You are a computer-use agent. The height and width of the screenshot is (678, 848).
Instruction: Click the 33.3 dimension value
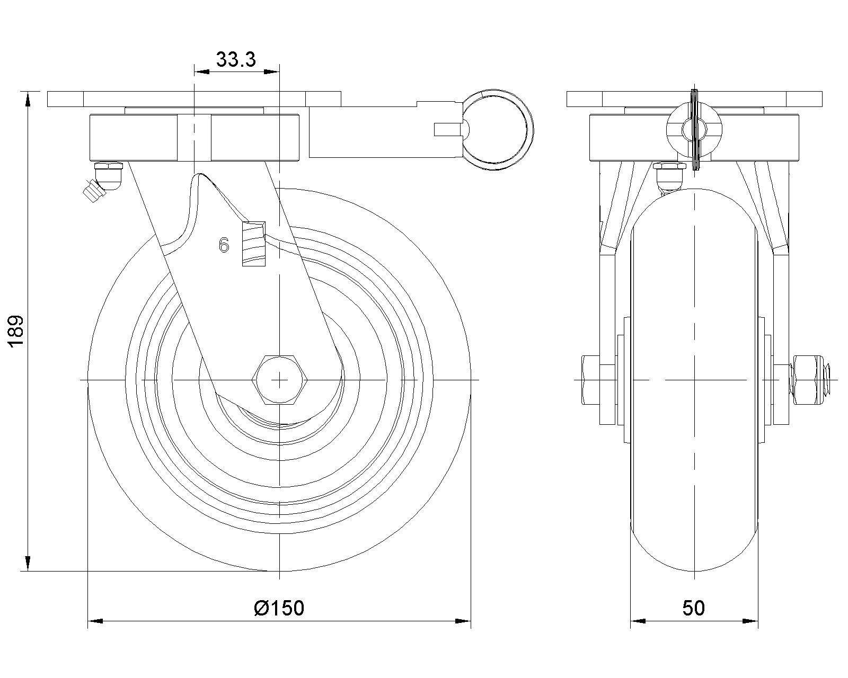236,59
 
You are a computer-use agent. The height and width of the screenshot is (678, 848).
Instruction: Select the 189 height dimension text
16,331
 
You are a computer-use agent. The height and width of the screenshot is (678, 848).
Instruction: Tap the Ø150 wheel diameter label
279,608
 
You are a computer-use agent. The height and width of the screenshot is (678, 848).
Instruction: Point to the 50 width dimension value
694,608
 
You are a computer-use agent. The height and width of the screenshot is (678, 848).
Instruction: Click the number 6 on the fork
224,245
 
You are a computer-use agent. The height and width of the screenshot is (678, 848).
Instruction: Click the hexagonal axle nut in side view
279,380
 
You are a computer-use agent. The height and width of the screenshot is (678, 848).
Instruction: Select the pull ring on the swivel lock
497,130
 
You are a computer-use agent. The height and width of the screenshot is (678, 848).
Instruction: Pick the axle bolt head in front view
590,380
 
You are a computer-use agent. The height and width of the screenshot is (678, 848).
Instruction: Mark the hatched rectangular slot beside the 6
254,244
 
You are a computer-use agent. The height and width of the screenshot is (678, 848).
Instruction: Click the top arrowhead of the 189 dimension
28,99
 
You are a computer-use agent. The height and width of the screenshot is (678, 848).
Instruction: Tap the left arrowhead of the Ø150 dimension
95,621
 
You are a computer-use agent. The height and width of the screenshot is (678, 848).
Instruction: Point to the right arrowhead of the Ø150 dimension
463,621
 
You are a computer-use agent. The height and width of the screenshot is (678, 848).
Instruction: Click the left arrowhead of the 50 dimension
638,621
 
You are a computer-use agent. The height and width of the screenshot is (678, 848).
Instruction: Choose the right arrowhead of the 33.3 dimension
271,72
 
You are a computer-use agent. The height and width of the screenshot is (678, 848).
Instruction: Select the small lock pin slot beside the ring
447,130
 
